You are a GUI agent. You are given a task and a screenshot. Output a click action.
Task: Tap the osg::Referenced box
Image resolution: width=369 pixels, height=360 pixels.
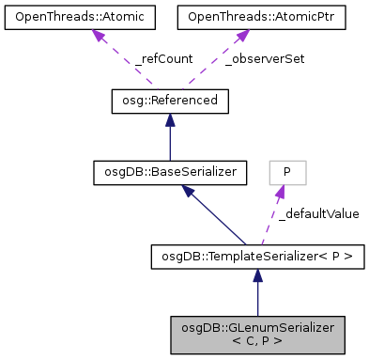click(170, 100)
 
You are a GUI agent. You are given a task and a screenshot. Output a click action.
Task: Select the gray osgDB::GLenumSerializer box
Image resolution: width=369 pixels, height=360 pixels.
click(257, 332)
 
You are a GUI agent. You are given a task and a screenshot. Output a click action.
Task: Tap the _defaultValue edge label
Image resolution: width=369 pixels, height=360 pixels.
click(318, 213)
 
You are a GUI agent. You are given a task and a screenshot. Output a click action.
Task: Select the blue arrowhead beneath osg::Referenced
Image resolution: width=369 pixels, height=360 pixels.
click(170, 117)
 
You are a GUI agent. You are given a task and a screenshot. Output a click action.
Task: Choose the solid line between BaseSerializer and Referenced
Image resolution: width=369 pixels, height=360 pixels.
click(170, 141)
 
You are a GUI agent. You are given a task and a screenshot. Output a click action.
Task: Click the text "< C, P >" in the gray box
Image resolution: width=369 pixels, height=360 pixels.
click(257, 339)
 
